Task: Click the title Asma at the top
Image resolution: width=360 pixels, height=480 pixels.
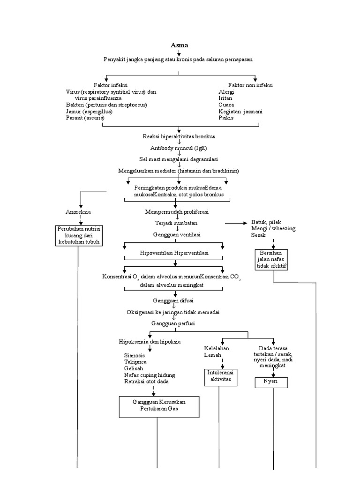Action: (179, 45)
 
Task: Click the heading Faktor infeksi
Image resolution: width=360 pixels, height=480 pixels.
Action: (110, 85)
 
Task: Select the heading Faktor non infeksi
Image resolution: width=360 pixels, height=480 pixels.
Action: (250, 85)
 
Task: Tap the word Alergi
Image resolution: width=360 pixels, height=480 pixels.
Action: (226, 92)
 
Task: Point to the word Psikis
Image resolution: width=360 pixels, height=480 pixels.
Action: (225, 118)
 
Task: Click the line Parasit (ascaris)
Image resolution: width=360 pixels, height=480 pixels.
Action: (85, 118)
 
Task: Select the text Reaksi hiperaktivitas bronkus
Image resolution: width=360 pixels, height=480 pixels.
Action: (179, 136)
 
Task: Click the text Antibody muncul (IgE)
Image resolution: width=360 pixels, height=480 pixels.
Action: (179, 148)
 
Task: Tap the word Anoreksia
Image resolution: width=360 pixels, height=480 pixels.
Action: (78, 212)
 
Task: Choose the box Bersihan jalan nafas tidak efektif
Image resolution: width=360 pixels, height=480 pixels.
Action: (271, 259)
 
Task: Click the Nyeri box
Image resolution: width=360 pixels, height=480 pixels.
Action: (271, 383)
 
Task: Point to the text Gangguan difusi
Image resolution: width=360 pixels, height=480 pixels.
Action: (173, 300)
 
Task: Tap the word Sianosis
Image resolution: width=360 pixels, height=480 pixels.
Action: (134, 355)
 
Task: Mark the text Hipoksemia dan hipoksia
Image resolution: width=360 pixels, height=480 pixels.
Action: (150, 342)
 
